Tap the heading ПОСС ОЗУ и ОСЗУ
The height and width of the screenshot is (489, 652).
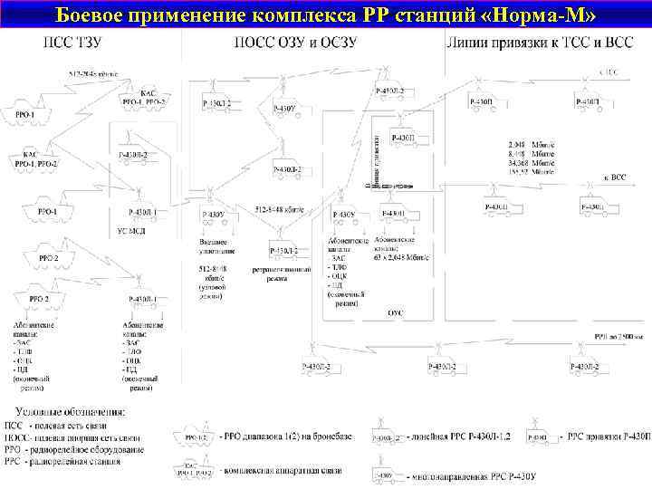(x=294, y=43)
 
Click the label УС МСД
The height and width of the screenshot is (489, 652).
(x=132, y=230)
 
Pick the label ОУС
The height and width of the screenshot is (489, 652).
(x=395, y=312)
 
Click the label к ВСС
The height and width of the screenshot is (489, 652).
(x=615, y=177)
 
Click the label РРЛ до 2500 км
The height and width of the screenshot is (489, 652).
(x=618, y=336)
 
